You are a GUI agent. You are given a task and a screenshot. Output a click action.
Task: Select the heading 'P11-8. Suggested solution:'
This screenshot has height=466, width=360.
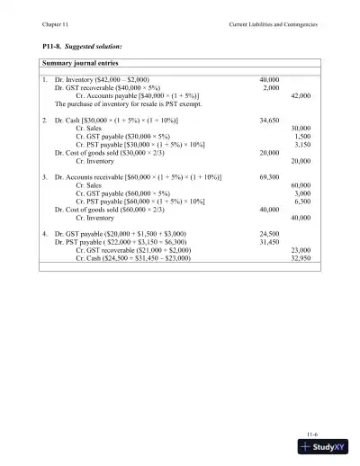click(x=83, y=44)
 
